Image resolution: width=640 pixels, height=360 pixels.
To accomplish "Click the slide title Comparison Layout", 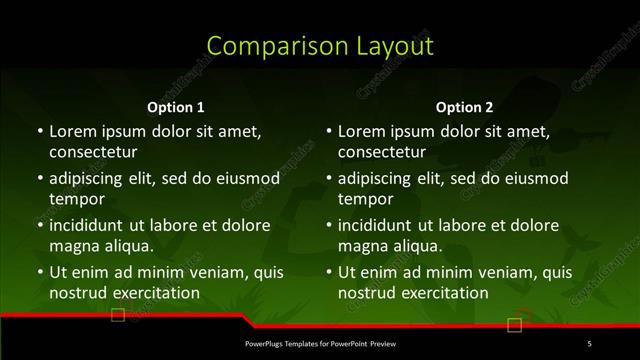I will pos(320,46).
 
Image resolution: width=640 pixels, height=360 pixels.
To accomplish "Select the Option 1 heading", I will pos(176,107).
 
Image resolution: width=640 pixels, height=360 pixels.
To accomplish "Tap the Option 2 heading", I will pos(465,107).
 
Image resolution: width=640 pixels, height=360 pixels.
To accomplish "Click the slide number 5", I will pos(589,344).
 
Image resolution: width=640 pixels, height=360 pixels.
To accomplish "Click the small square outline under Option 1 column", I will pos(118,316).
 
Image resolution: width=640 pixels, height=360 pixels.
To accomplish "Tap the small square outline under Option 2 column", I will pos(515,324).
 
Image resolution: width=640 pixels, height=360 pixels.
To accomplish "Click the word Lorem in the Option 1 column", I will pos(71,131).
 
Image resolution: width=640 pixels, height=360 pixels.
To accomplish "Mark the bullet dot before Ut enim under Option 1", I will pos(38,272).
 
